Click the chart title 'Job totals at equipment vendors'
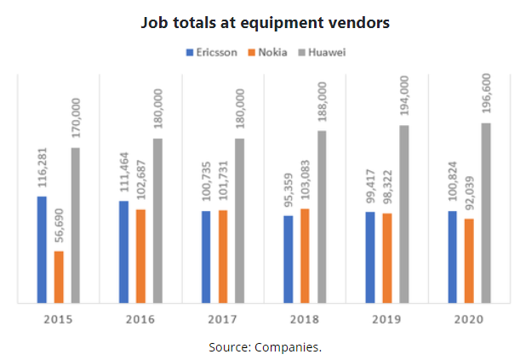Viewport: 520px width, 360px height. [265, 23]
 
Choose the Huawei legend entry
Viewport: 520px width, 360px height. [323, 52]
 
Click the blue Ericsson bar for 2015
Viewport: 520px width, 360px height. [42, 249]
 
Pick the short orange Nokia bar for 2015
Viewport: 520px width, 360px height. [59, 276]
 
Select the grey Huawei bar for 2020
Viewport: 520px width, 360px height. [487, 212]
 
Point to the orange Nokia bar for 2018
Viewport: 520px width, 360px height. [306, 254]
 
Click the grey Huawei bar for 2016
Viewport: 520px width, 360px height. [158, 220]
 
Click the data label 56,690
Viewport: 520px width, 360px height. [59, 227]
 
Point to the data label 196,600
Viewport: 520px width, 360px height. [487, 94]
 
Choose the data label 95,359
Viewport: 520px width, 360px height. [289, 189]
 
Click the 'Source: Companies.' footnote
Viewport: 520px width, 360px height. [265, 347]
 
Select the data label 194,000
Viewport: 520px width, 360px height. [404, 98]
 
